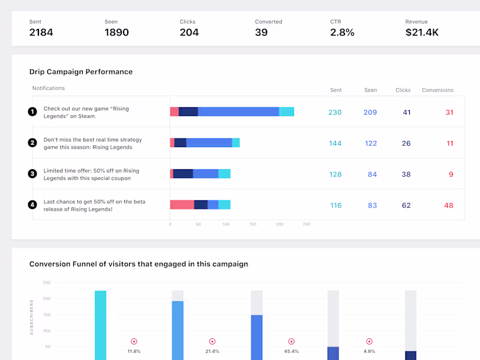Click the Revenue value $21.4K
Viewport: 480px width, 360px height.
click(x=422, y=32)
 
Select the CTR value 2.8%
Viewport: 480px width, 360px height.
click(x=342, y=32)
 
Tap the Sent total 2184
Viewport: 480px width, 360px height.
click(x=41, y=32)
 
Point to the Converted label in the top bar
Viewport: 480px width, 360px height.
click(x=268, y=22)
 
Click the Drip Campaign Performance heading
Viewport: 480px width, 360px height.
click(x=81, y=72)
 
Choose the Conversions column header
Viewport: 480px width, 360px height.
click(x=437, y=90)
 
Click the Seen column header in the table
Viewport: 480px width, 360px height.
click(x=371, y=90)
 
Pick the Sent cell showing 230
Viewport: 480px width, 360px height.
click(x=335, y=112)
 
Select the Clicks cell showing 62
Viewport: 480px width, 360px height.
click(x=406, y=206)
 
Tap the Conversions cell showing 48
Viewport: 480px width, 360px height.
click(x=449, y=206)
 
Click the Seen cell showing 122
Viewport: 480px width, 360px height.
click(x=371, y=143)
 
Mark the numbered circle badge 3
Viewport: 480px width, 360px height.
click(x=32, y=174)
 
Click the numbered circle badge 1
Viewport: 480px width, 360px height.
click(x=32, y=112)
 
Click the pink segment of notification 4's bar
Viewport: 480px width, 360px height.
click(x=182, y=205)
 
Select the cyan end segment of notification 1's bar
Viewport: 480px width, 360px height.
click(x=287, y=112)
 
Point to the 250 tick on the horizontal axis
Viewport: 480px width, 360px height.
click(x=307, y=224)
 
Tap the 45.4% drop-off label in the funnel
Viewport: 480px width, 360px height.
click(x=292, y=351)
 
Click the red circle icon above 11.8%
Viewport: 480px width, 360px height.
click(x=134, y=341)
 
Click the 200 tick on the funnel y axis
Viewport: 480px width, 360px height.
click(x=46, y=298)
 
